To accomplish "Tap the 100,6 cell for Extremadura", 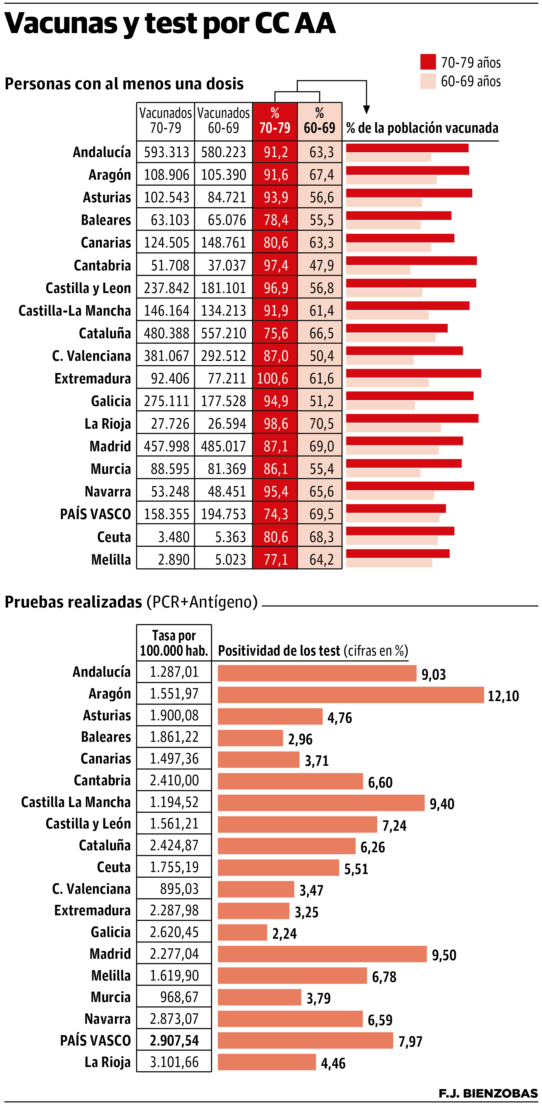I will click(x=275, y=378).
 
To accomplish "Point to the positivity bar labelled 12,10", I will click(x=350, y=695).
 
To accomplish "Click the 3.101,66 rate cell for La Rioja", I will click(x=174, y=1062).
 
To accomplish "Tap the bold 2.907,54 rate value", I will click(x=174, y=1040).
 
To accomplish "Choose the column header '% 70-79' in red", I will click(x=275, y=121).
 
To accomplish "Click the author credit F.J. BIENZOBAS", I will click(x=488, y=1093).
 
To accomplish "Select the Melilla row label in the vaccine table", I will click(x=111, y=560).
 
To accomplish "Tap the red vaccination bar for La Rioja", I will click(x=412, y=418).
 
